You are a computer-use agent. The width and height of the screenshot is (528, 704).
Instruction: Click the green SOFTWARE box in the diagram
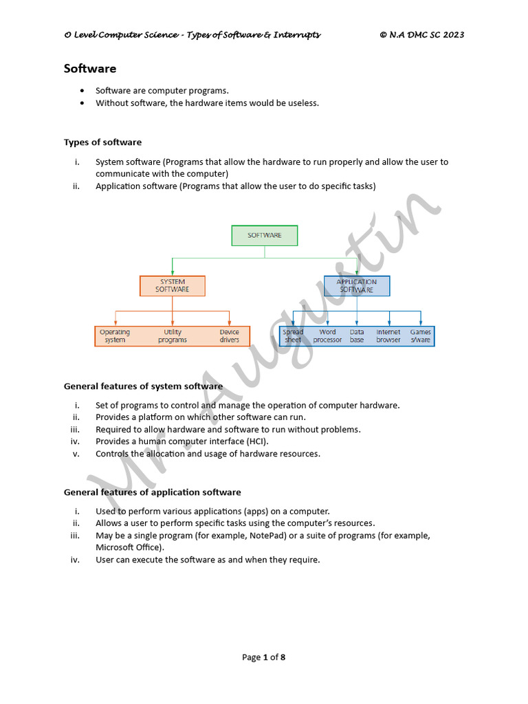(265, 235)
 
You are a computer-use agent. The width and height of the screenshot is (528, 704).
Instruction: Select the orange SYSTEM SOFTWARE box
(173, 286)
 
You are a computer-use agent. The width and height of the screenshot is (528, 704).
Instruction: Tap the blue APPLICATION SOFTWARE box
(356, 286)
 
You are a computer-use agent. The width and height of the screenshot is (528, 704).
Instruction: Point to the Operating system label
(115, 336)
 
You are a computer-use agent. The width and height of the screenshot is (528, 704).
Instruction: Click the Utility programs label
(173, 336)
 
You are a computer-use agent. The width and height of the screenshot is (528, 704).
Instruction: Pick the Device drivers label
(230, 336)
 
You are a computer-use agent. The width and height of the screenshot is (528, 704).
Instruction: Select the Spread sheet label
(293, 336)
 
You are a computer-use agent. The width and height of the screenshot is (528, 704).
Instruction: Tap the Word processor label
(327, 336)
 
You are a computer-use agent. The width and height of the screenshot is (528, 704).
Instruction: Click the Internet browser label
(388, 336)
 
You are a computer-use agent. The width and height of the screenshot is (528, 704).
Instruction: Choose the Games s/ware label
(421, 336)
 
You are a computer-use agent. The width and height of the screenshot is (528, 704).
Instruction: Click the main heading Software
(90, 69)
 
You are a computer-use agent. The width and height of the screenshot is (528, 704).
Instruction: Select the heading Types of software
(102, 142)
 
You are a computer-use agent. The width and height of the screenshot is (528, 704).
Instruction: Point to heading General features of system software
(143, 386)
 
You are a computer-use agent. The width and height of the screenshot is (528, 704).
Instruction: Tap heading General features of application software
(152, 492)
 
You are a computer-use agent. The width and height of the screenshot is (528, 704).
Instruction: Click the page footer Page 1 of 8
(264, 657)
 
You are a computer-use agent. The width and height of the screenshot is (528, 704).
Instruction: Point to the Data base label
(357, 336)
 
